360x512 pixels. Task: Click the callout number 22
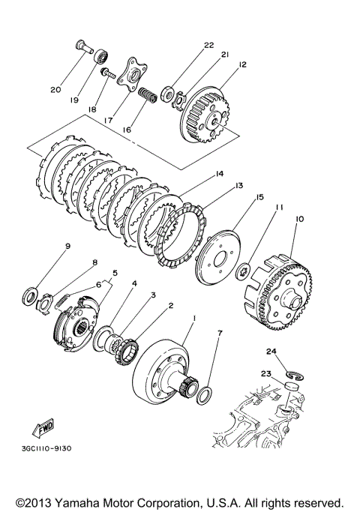208,45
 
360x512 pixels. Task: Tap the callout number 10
299,218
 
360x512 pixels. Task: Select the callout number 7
220,333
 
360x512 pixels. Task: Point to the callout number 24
271,352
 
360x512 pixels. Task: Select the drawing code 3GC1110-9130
46,448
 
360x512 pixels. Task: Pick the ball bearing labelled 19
101,57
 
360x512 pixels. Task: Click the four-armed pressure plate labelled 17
132,74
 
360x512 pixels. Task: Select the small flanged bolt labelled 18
108,73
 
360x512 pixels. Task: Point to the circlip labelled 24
295,376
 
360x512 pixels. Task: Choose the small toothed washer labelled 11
243,271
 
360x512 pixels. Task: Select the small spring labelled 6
61,300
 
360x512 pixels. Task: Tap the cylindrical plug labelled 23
289,385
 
